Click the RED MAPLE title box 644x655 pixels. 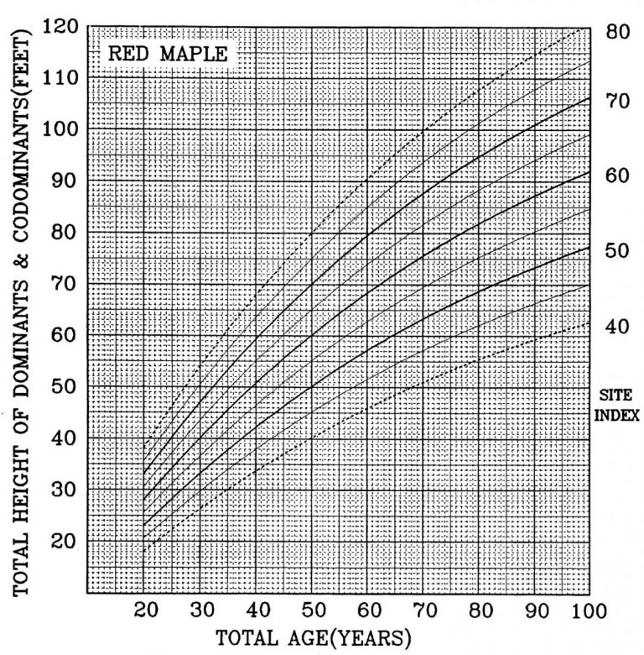click(168, 55)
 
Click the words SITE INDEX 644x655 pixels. click(621, 403)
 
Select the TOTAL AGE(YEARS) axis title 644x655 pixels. click(314, 638)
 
